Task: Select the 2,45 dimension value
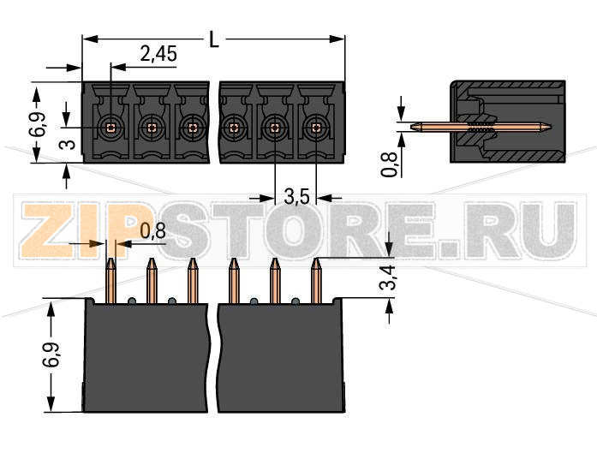(x=158, y=55)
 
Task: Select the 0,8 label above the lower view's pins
(x=153, y=230)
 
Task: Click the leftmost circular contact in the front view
(x=110, y=128)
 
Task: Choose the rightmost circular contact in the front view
(x=316, y=128)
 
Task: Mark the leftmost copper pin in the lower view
(x=110, y=281)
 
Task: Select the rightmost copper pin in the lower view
(x=315, y=281)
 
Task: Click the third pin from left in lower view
(x=193, y=281)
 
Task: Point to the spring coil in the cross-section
(x=481, y=128)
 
